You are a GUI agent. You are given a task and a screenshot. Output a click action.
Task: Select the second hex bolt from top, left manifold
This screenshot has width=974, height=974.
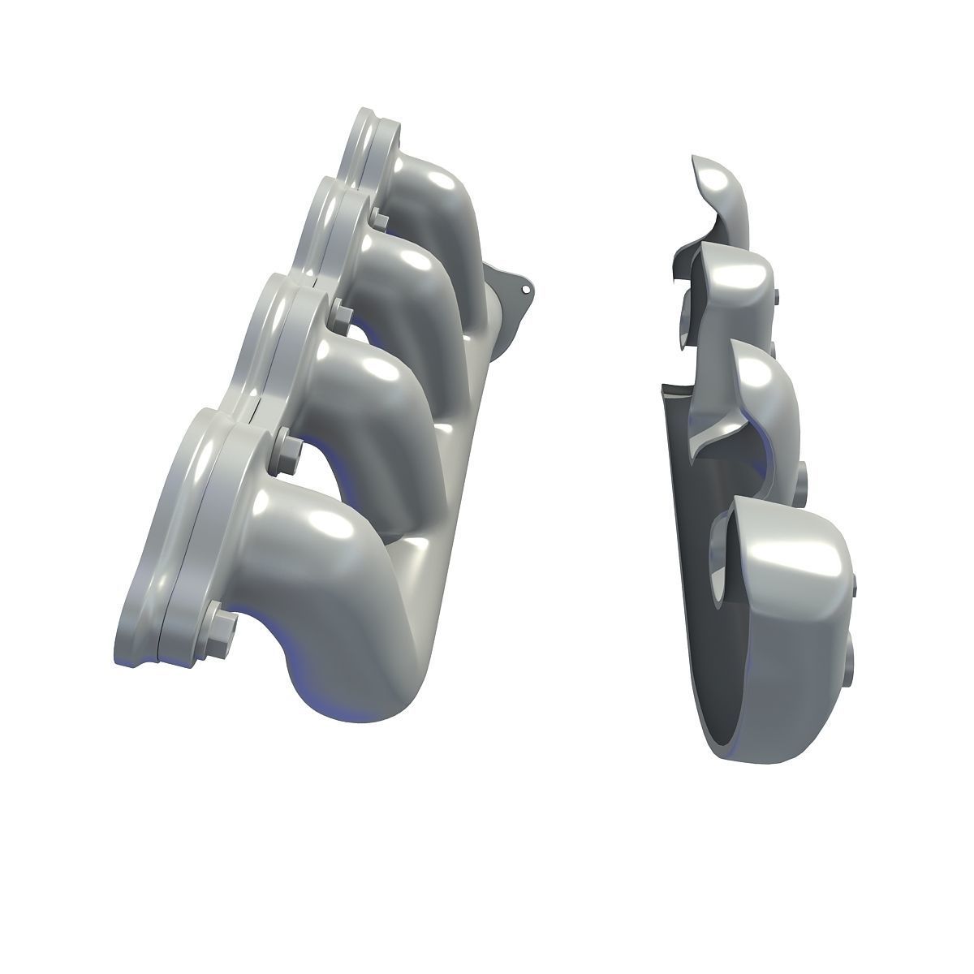[340, 312]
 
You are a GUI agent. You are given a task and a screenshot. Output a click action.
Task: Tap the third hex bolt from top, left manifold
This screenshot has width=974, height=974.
[287, 443]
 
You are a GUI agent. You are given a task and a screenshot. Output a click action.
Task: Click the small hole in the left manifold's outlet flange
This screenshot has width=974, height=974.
[526, 287]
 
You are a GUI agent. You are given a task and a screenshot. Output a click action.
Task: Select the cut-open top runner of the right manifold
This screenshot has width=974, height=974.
[722, 195]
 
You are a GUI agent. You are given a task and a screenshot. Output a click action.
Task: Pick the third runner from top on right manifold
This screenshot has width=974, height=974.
[759, 390]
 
